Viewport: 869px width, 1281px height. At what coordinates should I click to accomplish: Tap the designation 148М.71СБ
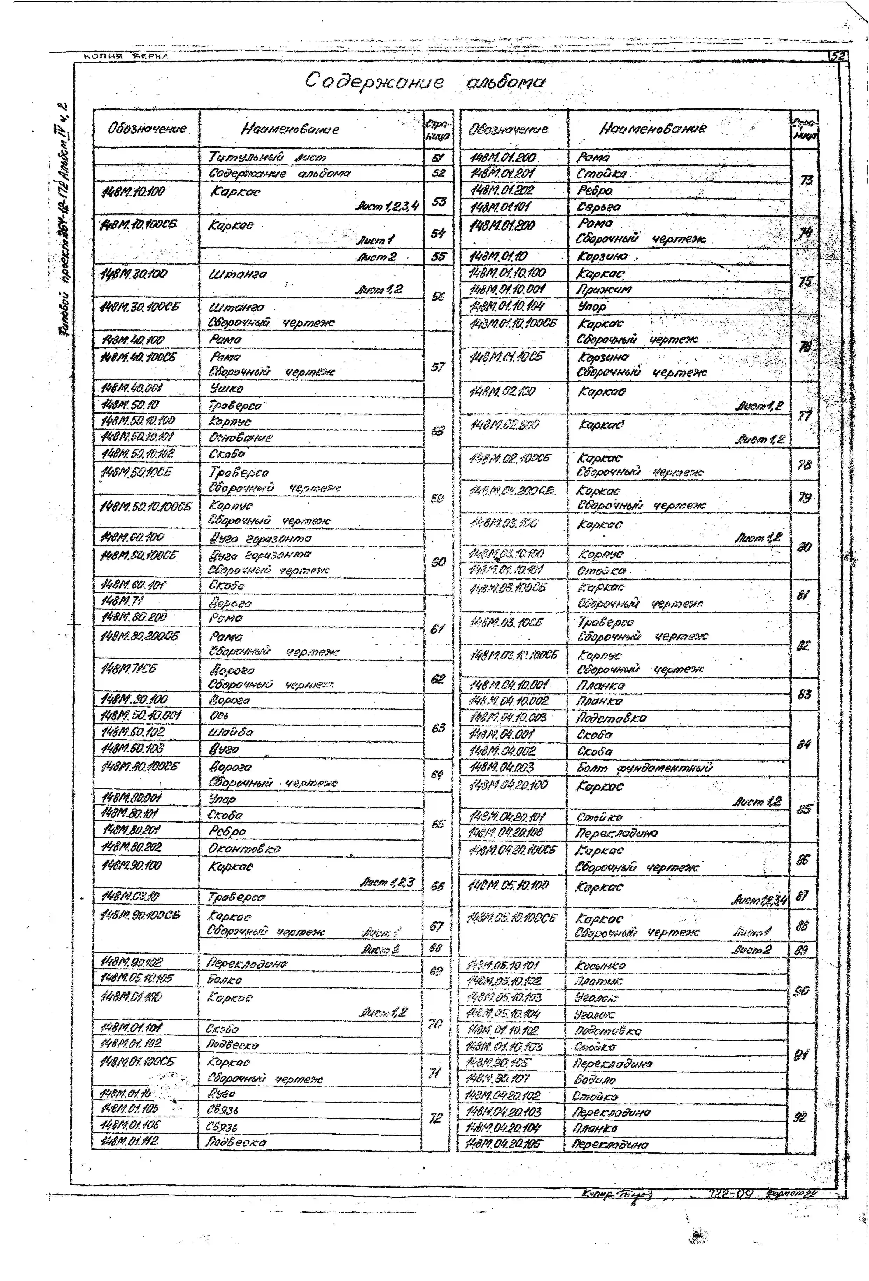(128, 669)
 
